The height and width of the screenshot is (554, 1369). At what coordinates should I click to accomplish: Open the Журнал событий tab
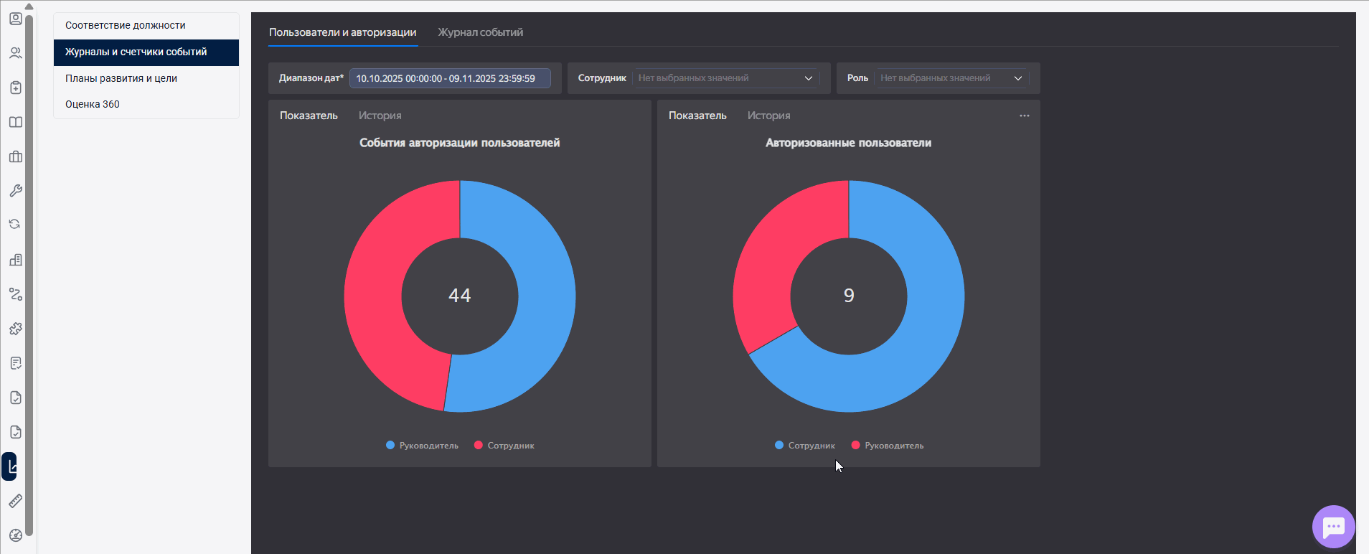tap(480, 32)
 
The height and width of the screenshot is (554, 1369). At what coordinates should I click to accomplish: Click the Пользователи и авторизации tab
tap(342, 32)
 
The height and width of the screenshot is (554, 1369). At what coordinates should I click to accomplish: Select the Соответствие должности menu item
tap(126, 25)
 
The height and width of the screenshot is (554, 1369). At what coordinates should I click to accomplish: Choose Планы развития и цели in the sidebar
tap(121, 78)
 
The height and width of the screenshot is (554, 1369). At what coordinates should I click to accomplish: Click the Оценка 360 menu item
tap(93, 104)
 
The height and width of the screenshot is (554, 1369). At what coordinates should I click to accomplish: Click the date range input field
tap(449, 78)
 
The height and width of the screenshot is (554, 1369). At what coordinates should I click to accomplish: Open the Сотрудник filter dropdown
tap(725, 78)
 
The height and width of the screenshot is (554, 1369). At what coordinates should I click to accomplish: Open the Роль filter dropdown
tap(951, 78)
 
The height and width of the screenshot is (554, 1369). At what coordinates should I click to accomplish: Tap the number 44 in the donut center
tap(460, 296)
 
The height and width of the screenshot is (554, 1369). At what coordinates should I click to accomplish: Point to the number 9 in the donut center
tap(849, 296)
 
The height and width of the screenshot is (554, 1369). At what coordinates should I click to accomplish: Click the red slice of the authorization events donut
tap(374, 301)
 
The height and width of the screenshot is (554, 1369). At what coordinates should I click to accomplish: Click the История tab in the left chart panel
tap(380, 116)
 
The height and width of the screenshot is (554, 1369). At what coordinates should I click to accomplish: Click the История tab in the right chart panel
tap(768, 116)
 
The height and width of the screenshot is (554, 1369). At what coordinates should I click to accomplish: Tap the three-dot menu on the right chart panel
tap(1024, 116)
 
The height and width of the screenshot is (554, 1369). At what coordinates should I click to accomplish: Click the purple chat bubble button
tap(1333, 527)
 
